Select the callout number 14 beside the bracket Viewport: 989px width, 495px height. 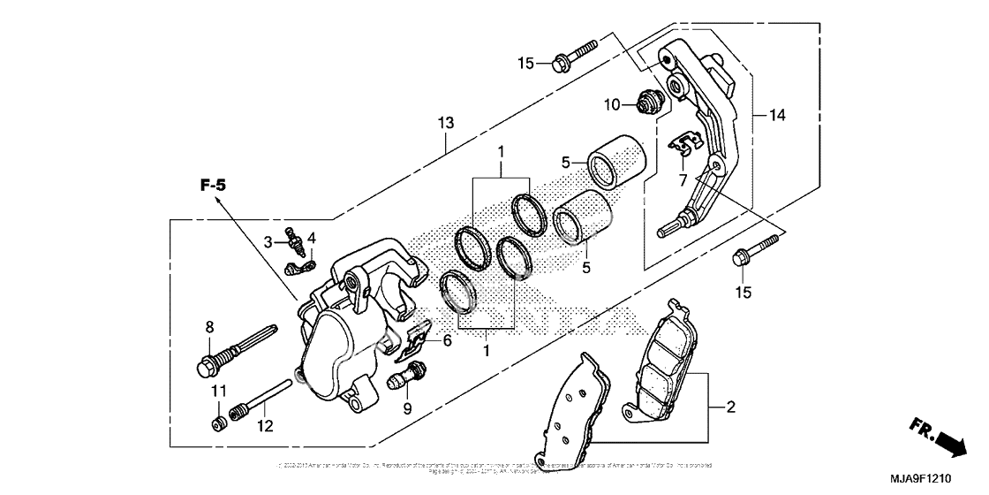(x=777, y=115)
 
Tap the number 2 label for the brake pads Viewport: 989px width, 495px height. (x=730, y=408)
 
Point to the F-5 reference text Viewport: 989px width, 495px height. (x=213, y=186)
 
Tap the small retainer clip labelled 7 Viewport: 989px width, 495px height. (x=684, y=145)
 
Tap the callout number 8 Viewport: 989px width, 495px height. (x=209, y=327)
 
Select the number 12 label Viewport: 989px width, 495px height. (x=266, y=426)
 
